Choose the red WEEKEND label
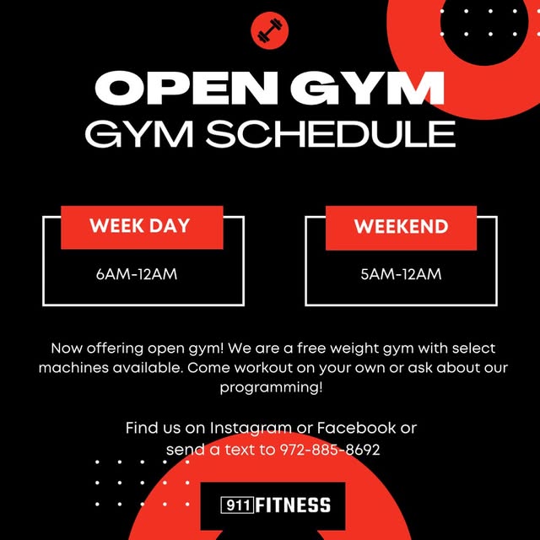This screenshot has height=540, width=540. coord(401,227)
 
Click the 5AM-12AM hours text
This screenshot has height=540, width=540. coord(401,274)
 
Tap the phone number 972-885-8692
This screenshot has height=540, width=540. coord(330,450)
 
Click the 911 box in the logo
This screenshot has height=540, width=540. coord(236,505)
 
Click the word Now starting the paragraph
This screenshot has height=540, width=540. coord(68,348)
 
